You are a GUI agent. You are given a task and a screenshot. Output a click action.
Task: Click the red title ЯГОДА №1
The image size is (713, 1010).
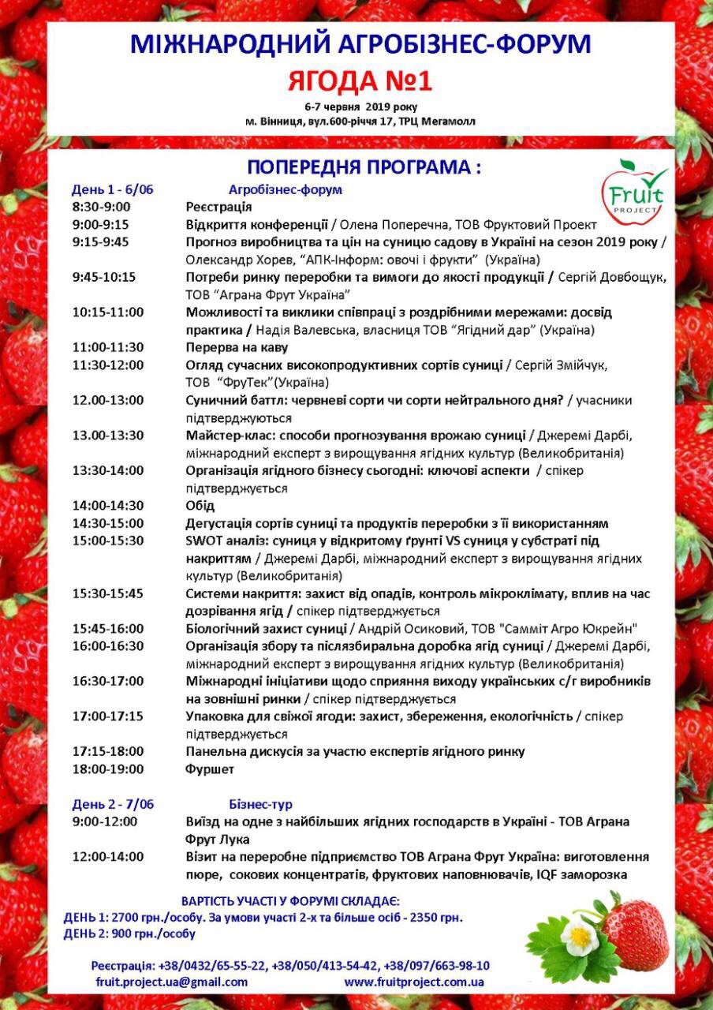pos(360,80)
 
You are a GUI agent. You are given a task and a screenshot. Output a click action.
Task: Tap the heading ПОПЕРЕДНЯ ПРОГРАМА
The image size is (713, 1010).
pos(364,167)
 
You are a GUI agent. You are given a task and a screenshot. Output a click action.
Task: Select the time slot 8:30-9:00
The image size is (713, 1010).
pos(101,207)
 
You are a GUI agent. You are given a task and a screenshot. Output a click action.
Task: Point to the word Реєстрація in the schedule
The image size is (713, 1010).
pos(218,207)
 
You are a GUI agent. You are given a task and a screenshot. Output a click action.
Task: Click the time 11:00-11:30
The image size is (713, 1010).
pos(108,347)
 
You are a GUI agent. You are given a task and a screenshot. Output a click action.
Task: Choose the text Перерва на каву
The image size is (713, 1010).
pos(237,347)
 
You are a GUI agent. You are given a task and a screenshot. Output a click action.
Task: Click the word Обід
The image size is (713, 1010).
pos(200,506)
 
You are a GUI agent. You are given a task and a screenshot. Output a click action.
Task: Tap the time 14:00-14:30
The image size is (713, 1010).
pos(108,506)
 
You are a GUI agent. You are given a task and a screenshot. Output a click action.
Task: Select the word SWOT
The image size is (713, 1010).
pos(203,541)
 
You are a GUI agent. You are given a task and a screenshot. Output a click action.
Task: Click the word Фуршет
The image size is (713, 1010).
pos(210,769)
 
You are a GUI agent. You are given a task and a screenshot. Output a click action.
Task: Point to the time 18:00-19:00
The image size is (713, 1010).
pos(108,769)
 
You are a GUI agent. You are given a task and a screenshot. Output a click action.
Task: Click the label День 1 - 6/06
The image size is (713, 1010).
pos(113,189)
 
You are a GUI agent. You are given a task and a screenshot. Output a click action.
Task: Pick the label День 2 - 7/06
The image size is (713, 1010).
pos(113,804)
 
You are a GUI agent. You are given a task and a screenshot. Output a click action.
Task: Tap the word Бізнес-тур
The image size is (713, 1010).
pos(260,804)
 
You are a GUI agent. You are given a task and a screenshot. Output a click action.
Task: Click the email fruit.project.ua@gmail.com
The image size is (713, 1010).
pos(172,982)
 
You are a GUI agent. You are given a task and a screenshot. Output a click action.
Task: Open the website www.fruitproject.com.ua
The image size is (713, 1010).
pos(414,982)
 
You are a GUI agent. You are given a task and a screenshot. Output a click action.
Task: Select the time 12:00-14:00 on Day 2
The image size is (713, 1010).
pos(108,857)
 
